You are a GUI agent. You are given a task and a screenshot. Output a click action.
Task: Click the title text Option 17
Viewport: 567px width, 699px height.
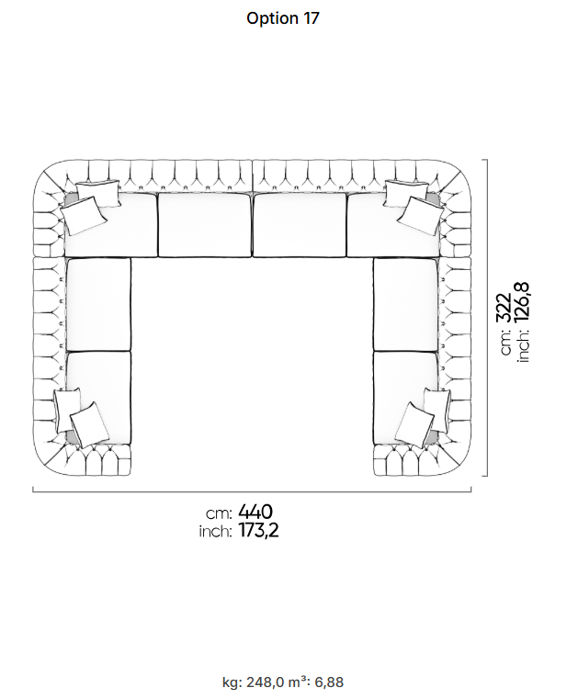click(283, 18)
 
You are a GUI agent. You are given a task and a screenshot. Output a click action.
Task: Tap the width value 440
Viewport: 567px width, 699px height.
click(255, 512)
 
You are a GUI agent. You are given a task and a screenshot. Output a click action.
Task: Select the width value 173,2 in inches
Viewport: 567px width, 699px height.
click(259, 531)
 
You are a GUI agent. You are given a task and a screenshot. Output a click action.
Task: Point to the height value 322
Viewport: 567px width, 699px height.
click(504, 307)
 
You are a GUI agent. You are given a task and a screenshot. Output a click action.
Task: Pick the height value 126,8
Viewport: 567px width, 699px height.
click(521, 302)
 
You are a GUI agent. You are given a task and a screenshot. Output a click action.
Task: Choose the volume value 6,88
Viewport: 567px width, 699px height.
click(329, 682)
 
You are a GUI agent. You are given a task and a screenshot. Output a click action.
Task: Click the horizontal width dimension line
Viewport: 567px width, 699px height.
click(252, 491)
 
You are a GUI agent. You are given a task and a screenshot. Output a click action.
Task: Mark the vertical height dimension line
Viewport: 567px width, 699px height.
click(487, 318)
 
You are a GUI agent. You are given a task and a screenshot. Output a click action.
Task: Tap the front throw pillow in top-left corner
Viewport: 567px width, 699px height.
click(84, 216)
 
